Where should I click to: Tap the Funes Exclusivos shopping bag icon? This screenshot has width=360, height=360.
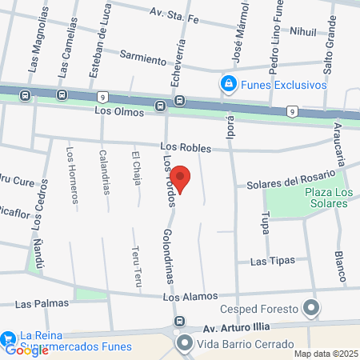click(229, 84)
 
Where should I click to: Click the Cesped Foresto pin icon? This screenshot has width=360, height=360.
click(311, 308)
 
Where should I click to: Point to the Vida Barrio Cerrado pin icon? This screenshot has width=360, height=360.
click(186, 344)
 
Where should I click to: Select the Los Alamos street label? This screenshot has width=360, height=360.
click(185, 297)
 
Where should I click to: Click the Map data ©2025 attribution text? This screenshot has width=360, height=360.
click(325, 354)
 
